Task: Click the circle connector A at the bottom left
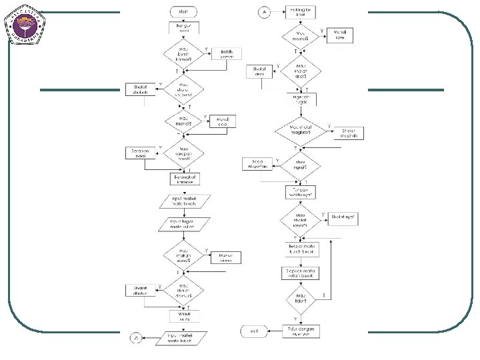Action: click(135, 339)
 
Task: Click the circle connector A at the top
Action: click(264, 12)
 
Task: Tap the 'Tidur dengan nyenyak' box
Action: click(301, 331)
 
